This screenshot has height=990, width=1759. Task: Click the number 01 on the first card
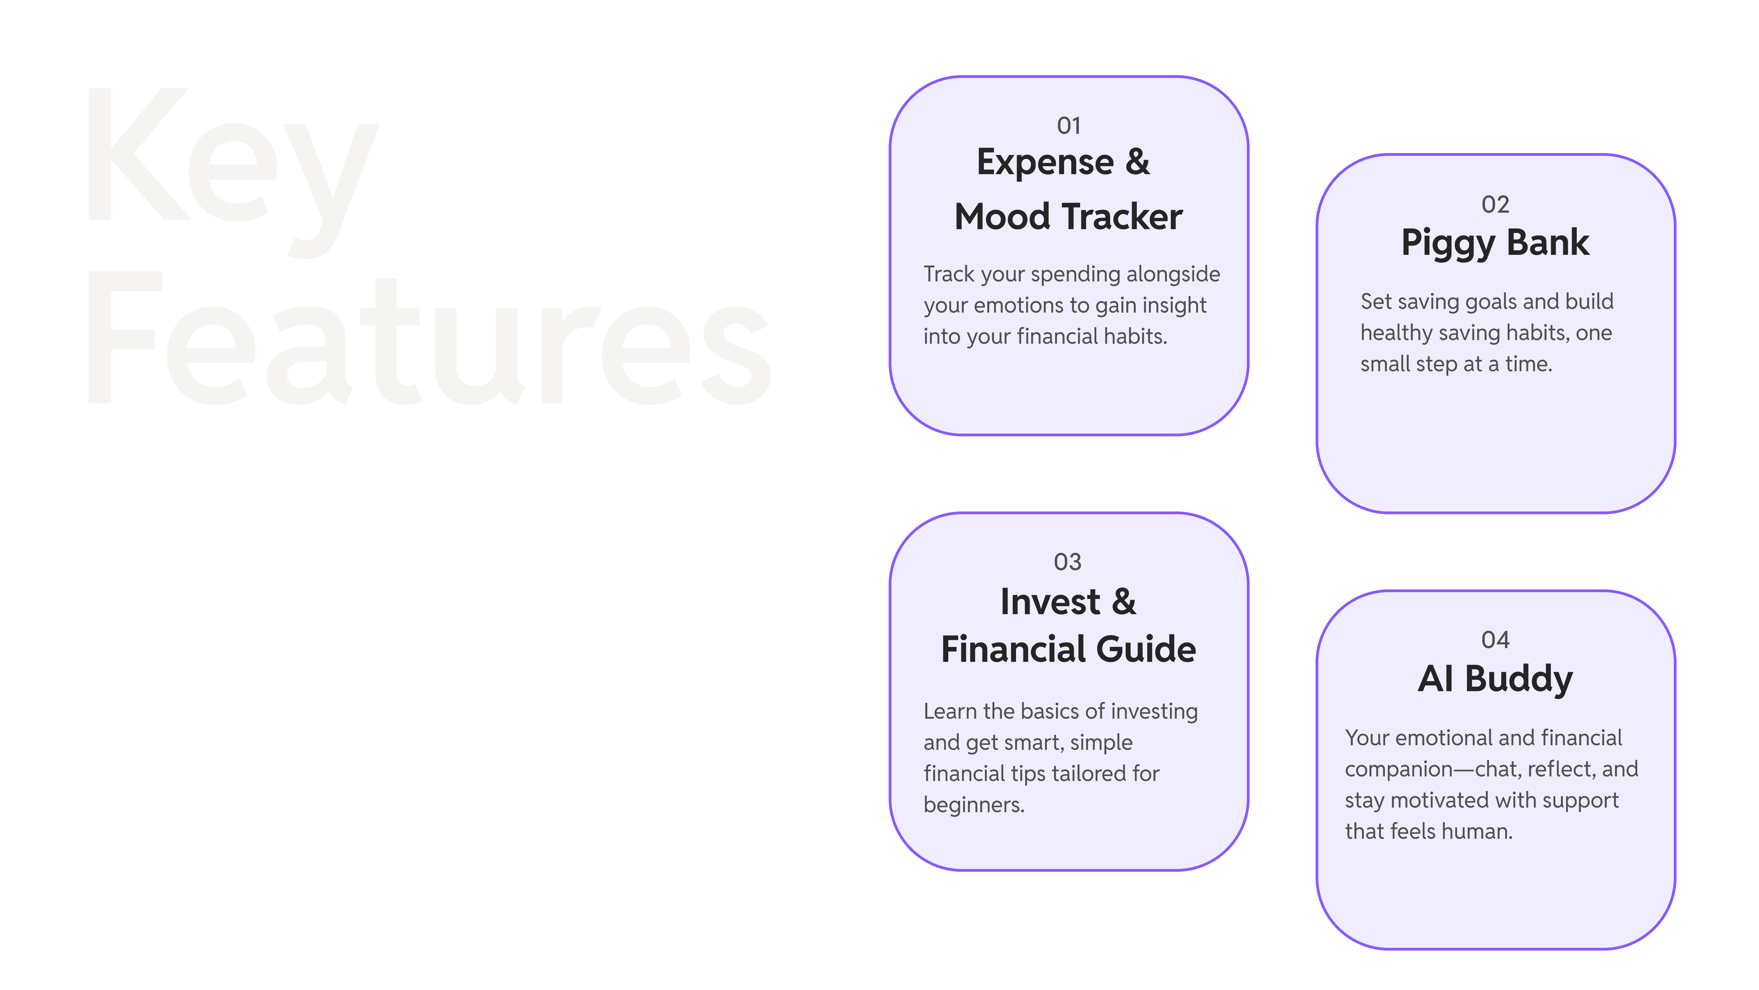point(1069,126)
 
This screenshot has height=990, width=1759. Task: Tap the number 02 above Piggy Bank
point(1495,204)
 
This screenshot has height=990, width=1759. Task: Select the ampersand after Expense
point(1137,163)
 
